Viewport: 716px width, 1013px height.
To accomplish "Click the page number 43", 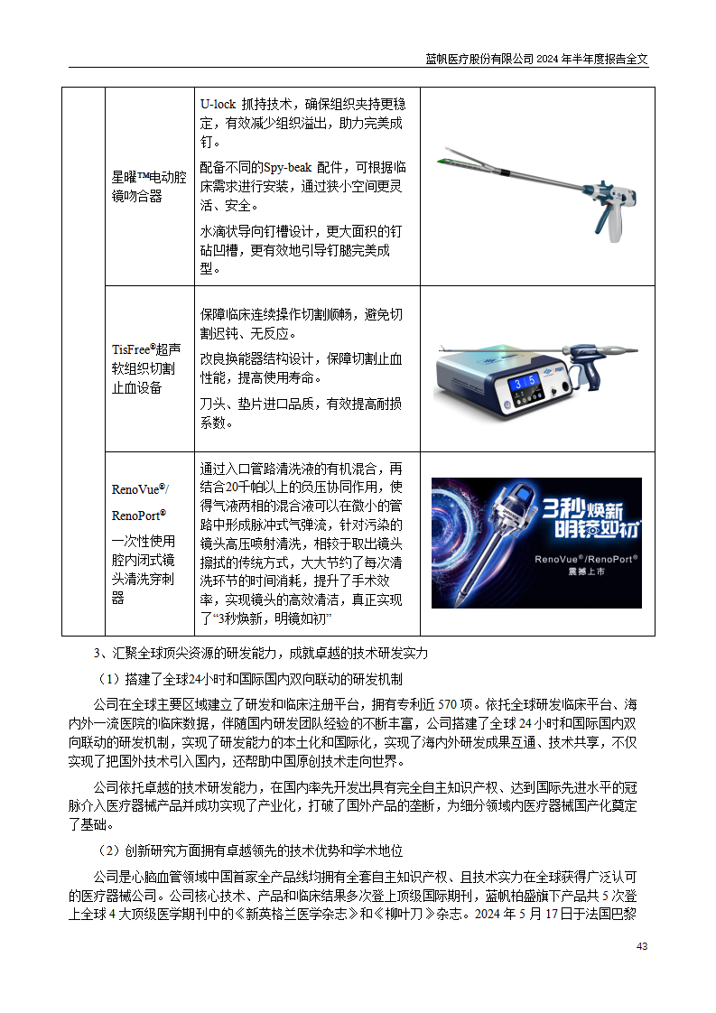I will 642,946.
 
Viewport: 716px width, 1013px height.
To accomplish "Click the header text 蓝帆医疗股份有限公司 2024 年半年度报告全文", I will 536,59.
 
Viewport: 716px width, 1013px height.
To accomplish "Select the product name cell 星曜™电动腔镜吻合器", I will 149,187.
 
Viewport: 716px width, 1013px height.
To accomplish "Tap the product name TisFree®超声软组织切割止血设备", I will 146,368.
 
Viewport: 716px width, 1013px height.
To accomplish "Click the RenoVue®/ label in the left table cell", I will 140,489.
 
